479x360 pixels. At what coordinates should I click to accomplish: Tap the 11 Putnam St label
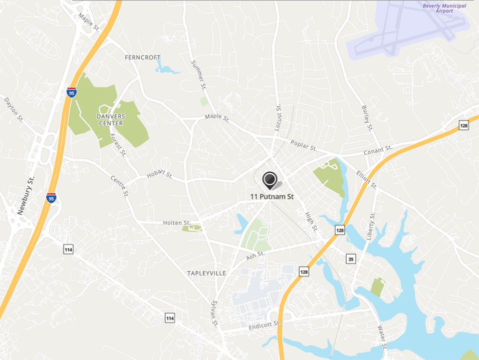pyautogui.click(x=272, y=197)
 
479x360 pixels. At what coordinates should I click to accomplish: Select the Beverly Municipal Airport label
pyautogui.click(x=445, y=8)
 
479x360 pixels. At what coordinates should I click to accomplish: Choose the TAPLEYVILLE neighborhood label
pyautogui.click(x=207, y=273)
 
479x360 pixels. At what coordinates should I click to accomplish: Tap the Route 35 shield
pyautogui.click(x=351, y=259)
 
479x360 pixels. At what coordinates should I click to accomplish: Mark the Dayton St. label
pyautogui.click(x=13, y=109)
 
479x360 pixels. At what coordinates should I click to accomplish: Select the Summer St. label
pyautogui.click(x=199, y=75)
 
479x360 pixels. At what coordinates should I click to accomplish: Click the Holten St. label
pyautogui.click(x=177, y=223)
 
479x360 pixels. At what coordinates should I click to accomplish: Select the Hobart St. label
pyautogui.click(x=159, y=176)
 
